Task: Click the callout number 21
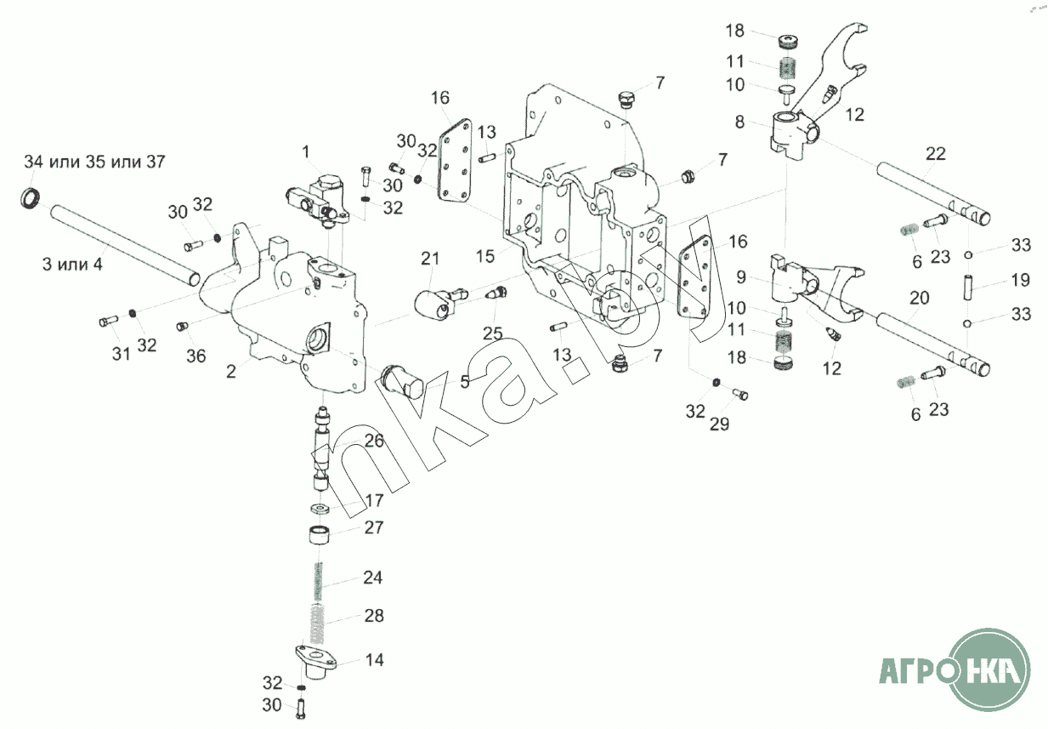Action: click(x=429, y=259)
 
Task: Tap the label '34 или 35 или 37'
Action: click(x=94, y=162)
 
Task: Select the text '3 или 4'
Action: click(x=72, y=264)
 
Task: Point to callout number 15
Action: click(x=485, y=256)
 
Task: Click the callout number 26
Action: click(x=374, y=441)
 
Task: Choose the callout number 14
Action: click(x=374, y=660)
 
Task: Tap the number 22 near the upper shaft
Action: click(x=935, y=154)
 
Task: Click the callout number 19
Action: click(x=1021, y=280)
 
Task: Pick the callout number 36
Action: click(x=196, y=356)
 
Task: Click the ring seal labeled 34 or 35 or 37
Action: click(x=30, y=197)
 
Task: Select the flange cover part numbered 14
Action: click(x=316, y=661)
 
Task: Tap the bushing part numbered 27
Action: click(x=320, y=535)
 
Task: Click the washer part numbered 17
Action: click(x=320, y=509)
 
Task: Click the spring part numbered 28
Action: click(x=318, y=623)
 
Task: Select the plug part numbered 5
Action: click(x=401, y=381)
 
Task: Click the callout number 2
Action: click(x=230, y=372)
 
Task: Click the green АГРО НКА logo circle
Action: click(x=989, y=669)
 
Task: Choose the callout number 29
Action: click(x=719, y=424)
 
